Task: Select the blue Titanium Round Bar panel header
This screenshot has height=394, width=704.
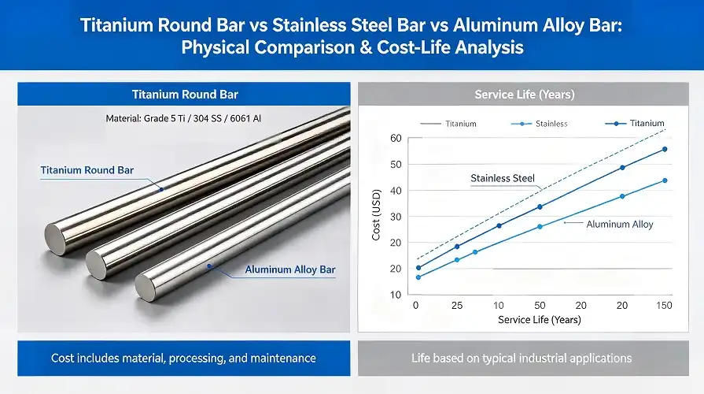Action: pos(184,95)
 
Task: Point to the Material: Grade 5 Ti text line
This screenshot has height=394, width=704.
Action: pos(183,118)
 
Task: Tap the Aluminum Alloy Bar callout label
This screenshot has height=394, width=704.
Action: pos(290,269)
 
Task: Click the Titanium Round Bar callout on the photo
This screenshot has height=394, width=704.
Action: pos(87,170)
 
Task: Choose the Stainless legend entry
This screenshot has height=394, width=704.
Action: pos(551,124)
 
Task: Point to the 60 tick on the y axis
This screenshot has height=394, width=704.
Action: pos(396,139)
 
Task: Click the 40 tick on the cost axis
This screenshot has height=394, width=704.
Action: pos(396,191)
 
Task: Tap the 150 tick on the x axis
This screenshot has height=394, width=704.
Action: pos(664,305)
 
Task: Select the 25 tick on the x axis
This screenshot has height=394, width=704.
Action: pos(456,305)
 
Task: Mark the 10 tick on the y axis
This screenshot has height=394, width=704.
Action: pos(396,295)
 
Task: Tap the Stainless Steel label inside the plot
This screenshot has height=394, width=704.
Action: pos(502,178)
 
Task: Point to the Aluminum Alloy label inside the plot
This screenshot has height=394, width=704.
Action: pos(620,224)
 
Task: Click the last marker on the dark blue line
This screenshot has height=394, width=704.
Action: pos(665,149)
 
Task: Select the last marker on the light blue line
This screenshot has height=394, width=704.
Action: pos(665,180)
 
